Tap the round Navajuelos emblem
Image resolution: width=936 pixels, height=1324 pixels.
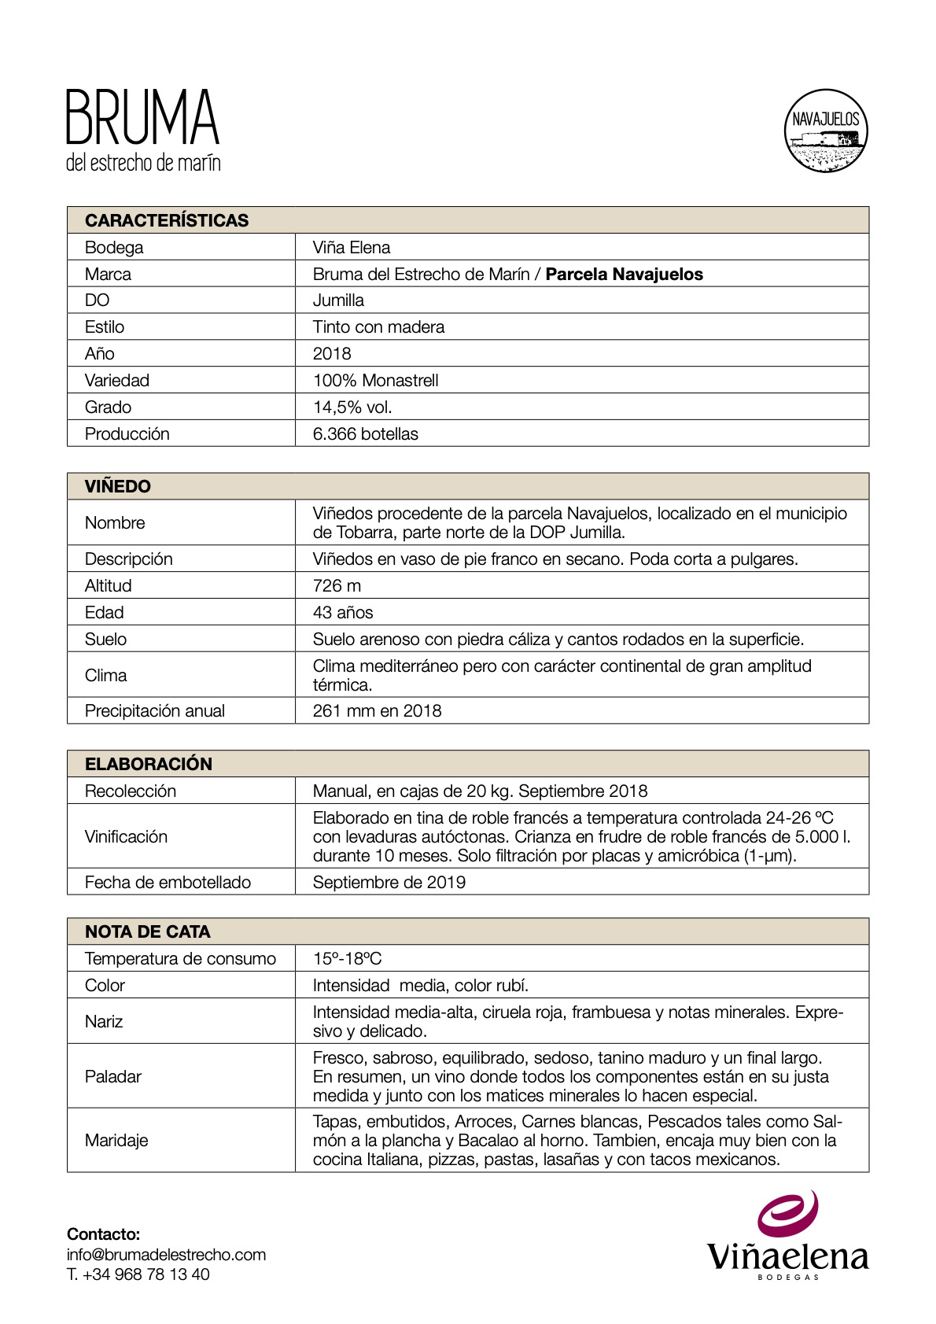click(x=826, y=131)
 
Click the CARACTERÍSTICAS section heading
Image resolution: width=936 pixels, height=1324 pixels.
click(x=167, y=220)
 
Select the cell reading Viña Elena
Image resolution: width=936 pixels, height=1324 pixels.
click(x=351, y=247)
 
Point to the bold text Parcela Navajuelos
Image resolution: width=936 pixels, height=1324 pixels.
click(x=624, y=274)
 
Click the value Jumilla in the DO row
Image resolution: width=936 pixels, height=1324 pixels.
click(x=338, y=301)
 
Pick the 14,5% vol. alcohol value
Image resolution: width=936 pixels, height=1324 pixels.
click(x=352, y=407)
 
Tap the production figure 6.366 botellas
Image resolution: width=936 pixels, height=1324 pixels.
click(x=365, y=433)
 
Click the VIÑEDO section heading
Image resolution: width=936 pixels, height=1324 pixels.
click(x=118, y=486)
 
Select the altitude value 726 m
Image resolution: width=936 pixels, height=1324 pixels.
click(x=337, y=585)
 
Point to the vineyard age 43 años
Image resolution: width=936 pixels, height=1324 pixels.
click(x=343, y=612)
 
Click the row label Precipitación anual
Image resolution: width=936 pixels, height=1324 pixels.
click(x=155, y=710)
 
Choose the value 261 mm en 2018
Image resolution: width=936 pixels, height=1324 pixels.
click(x=377, y=710)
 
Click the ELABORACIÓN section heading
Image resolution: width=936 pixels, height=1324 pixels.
click(x=149, y=764)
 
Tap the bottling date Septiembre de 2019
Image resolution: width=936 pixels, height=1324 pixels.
click(x=389, y=882)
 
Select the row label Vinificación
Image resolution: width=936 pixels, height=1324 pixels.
click(x=126, y=836)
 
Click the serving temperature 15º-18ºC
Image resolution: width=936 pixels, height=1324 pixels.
click(x=347, y=958)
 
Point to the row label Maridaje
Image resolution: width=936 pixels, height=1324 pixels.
click(x=116, y=1140)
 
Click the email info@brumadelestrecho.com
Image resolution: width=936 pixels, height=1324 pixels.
click(x=166, y=1254)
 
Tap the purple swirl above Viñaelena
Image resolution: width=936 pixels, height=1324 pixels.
click(x=788, y=1213)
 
